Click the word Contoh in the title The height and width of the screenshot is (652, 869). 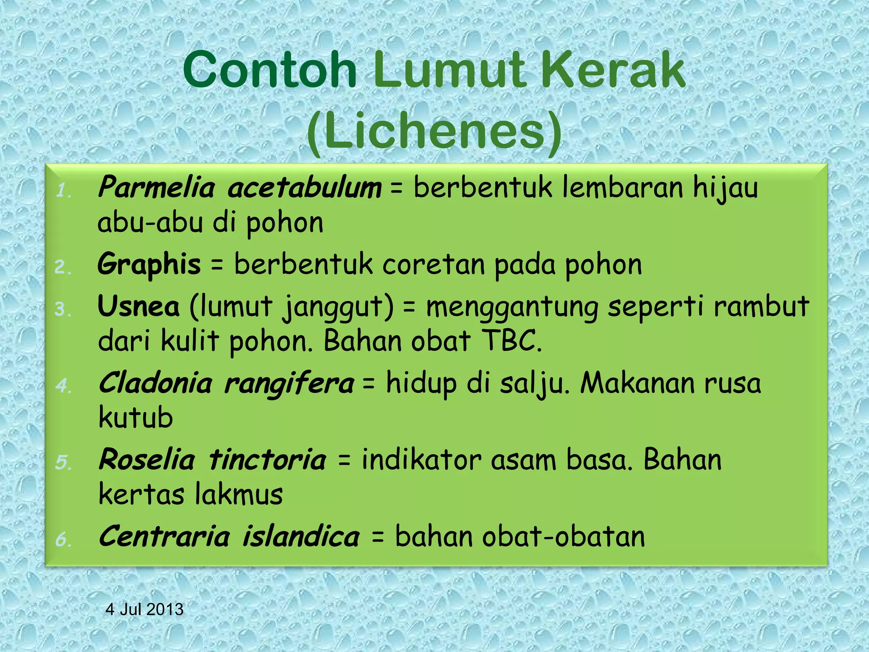pos(270,70)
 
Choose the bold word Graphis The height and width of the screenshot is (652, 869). pos(149,265)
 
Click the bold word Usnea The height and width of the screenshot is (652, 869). pos(139,306)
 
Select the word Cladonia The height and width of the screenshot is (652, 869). pos(155,383)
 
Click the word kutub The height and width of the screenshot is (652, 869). pos(136,418)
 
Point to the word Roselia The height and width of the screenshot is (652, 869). pos(147,460)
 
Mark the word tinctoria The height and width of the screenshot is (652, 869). pos(268,460)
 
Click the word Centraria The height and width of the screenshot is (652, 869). pos(164,537)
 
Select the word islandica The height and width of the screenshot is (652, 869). pos(301,537)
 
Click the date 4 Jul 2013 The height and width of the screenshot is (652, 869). pos(144,610)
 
